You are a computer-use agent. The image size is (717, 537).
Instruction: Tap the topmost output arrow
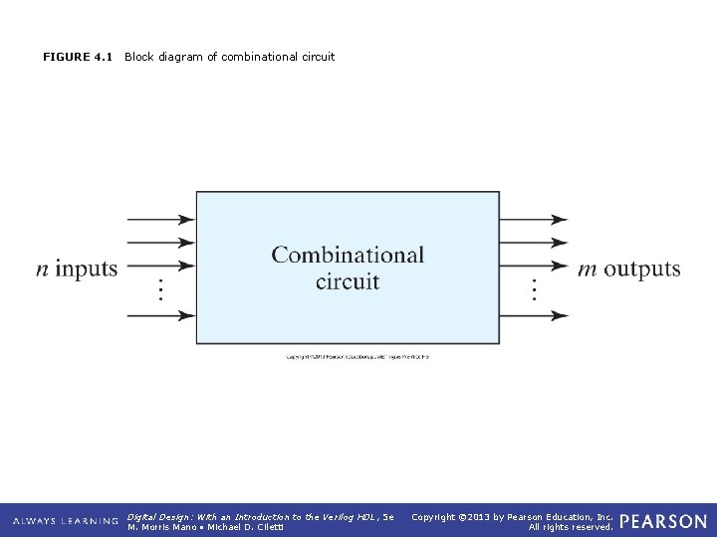click(534, 219)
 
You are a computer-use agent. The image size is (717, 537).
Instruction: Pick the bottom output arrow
click(534, 315)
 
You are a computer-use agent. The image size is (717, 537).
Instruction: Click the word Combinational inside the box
click(348, 256)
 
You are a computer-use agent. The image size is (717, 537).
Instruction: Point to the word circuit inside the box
click(348, 281)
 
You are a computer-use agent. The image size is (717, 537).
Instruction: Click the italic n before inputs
click(42, 268)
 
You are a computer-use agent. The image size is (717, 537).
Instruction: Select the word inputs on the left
click(87, 268)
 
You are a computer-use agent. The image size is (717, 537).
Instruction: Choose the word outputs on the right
click(642, 268)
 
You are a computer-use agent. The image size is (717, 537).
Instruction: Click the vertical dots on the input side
click(159, 290)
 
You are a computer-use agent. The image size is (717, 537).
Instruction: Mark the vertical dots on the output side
click(534, 290)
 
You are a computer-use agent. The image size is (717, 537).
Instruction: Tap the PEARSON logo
click(663, 521)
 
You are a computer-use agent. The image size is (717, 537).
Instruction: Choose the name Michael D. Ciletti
click(248, 527)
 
